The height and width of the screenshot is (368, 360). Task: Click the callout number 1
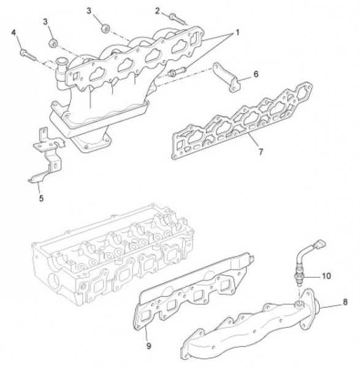click(x=237, y=33)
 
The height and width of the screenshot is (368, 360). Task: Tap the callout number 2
click(x=157, y=11)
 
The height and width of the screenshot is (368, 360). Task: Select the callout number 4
click(x=14, y=33)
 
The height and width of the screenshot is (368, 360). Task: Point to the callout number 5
click(x=41, y=198)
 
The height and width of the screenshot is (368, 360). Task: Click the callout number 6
click(x=256, y=74)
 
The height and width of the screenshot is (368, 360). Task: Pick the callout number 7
click(x=261, y=151)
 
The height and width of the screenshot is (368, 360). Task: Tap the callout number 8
click(x=345, y=302)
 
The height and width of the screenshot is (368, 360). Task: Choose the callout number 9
click(x=149, y=346)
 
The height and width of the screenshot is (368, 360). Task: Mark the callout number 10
click(x=326, y=276)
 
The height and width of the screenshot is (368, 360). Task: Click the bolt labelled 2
click(x=178, y=20)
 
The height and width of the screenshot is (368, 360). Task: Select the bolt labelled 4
click(x=28, y=55)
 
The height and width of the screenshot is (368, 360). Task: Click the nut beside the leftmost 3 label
click(x=53, y=43)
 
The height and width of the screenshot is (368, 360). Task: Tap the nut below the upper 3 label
click(x=105, y=29)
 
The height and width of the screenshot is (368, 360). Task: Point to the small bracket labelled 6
click(x=226, y=77)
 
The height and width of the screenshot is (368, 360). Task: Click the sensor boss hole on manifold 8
click(x=299, y=305)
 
